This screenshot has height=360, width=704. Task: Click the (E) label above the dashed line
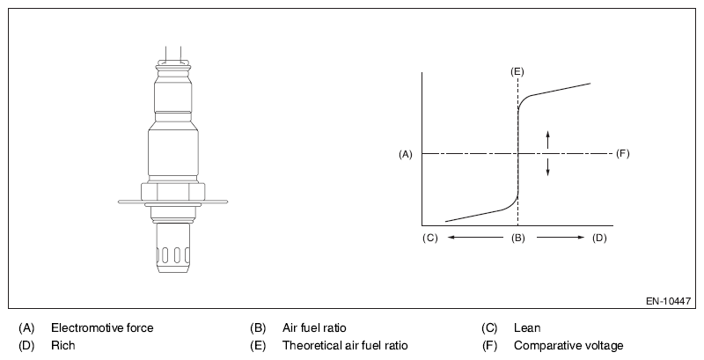coord(517,72)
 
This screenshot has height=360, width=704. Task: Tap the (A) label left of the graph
coord(406,154)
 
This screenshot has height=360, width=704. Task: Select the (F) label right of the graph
coord(623,153)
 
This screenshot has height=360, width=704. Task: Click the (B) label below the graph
coord(518,238)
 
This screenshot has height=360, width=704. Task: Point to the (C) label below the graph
coord(429,238)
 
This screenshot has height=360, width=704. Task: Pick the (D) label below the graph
coord(599,238)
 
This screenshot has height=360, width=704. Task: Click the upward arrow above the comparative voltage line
coord(547,140)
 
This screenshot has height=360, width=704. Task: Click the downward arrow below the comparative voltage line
coord(547,167)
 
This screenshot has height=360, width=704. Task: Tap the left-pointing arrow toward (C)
coord(475,238)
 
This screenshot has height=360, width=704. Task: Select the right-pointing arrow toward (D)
coord(561,238)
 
